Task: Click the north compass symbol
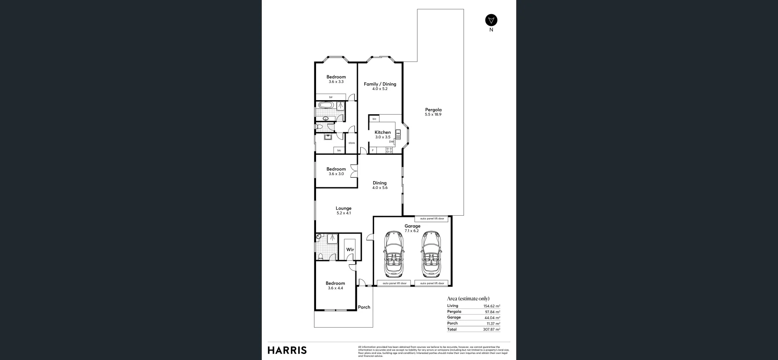coord(491,20)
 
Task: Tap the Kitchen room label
coord(383,132)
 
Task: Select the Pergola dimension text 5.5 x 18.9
coord(433,114)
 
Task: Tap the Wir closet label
coord(350,250)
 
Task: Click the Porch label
coord(364,307)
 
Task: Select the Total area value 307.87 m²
coord(492,329)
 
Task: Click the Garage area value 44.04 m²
coord(492,318)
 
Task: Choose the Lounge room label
coord(343,208)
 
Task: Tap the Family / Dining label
coord(380,84)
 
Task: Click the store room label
coord(351,143)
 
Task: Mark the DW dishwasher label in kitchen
coord(391,141)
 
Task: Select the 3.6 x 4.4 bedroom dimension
coord(335,288)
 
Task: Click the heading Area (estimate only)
coord(468,298)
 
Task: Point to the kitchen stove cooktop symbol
coord(389,150)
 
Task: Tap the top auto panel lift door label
coord(432,219)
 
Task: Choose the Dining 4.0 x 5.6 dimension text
coord(380,188)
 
